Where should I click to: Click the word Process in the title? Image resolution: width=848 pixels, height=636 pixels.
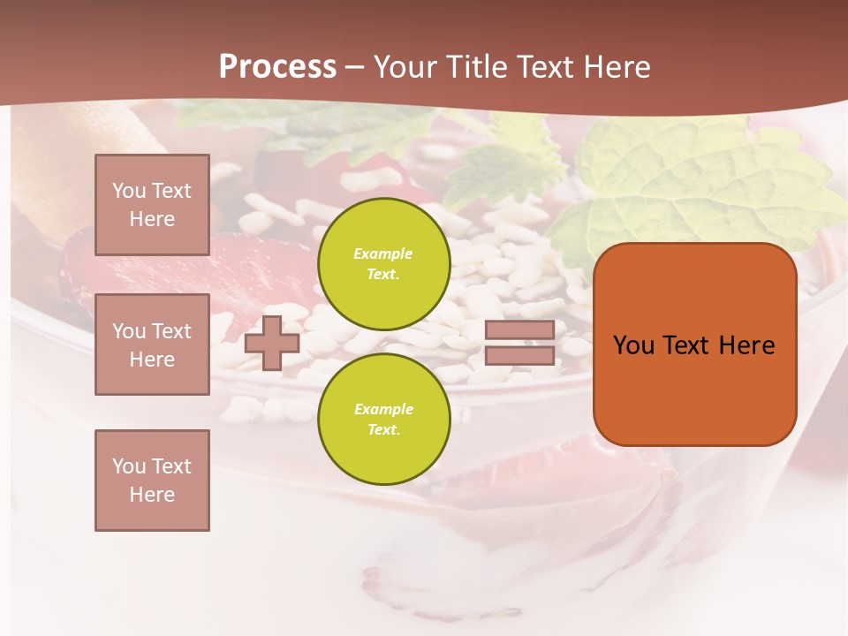pyautogui.click(x=277, y=67)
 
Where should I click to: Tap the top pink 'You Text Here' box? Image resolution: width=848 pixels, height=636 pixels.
pyautogui.click(x=152, y=205)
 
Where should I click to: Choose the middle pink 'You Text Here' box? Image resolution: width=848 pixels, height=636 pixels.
pyautogui.click(x=152, y=344)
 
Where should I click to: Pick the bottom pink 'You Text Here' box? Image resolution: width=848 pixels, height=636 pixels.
pyautogui.click(x=152, y=480)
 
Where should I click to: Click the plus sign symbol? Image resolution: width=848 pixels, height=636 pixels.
pyautogui.click(x=272, y=343)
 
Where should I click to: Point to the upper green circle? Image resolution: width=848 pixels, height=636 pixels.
pyautogui.click(x=383, y=263)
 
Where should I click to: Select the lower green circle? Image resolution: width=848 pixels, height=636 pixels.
pyautogui.click(x=383, y=419)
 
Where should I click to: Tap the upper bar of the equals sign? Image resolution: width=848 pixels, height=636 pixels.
pyautogui.click(x=519, y=330)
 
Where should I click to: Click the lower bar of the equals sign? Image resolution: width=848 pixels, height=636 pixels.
pyautogui.click(x=519, y=355)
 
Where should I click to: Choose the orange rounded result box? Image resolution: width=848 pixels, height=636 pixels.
pyautogui.click(x=694, y=344)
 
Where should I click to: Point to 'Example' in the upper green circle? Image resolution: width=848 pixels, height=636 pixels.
pyautogui.click(x=382, y=254)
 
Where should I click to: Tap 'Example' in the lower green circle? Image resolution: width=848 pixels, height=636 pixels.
pyautogui.click(x=382, y=409)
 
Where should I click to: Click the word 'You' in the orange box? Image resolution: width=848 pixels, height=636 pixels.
pyautogui.click(x=633, y=345)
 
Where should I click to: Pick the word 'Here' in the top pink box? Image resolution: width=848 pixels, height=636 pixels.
pyautogui.click(x=152, y=219)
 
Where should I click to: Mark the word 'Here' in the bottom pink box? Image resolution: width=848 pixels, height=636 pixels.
pyautogui.click(x=152, y=495)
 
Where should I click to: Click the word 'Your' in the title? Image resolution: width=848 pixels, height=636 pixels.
pyautogui.click(x=405, y=67)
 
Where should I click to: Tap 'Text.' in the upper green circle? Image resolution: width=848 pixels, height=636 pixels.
pyautogui.click(x=383, y=274)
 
